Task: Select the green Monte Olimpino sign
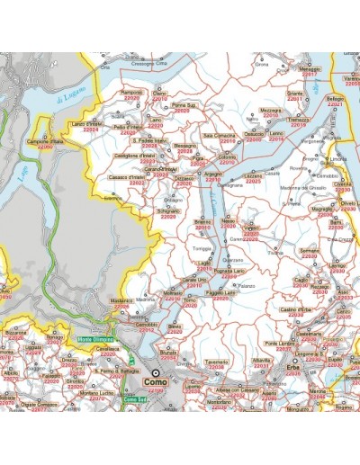tap(98, 338)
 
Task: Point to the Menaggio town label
tap(310, 69)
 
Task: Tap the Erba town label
tap(292, 368)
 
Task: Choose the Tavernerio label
tap(217, 362)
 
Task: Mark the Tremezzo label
tap(299, 119)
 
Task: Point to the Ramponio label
tap(132, 92)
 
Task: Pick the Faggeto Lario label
tap(220, 293)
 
